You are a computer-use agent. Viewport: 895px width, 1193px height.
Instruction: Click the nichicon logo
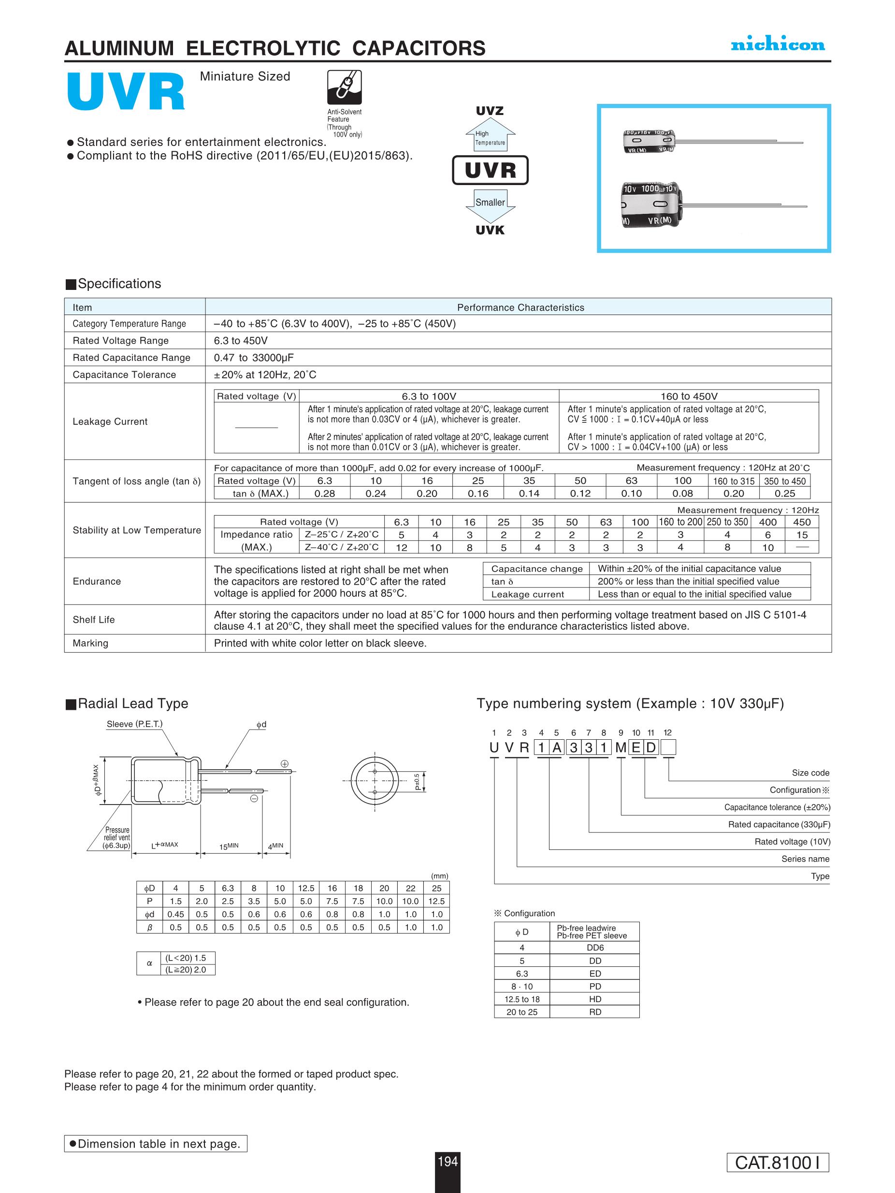coord(778,45)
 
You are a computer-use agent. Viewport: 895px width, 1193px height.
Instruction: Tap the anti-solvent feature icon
coord(344,87)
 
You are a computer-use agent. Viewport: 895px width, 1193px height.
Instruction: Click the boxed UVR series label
coord(490,170)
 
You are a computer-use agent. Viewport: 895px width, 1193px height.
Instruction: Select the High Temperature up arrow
coord(490,135)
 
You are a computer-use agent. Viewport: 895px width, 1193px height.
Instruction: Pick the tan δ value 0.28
coord(325,493)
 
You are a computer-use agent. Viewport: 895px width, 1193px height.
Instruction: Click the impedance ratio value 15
coord(802,534)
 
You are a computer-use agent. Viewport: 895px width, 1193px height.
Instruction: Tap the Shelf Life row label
coord(94,619)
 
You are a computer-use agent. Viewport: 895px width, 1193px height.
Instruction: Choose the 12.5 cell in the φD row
coord(306,888)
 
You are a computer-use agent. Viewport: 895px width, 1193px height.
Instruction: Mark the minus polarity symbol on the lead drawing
coord(254,799)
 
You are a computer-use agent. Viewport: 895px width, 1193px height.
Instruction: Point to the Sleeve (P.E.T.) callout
coord(134,724)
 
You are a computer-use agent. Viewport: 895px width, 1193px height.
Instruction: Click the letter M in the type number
coord(621,747)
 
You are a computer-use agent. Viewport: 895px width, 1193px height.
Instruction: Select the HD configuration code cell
coord(595,999)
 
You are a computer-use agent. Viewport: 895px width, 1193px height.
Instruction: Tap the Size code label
coord(810,773)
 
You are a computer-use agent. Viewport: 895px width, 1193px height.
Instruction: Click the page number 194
coord(447,1161)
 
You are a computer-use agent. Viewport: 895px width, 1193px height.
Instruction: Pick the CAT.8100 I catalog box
coord(778,1162)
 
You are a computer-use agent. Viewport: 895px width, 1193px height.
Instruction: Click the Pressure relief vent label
coord(117,837)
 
